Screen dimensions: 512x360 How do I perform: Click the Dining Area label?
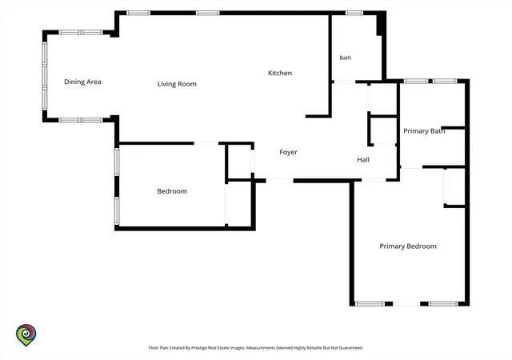pos(82,82)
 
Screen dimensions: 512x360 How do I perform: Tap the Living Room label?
pos(177,84)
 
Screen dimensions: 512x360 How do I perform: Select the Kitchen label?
pos(280,73)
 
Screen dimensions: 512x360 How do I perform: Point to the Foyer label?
pos(288,152)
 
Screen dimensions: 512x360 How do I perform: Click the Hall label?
pos(363,160)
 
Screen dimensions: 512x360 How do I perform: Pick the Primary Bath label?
pos(424,131)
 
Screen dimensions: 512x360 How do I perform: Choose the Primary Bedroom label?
pos(408,246)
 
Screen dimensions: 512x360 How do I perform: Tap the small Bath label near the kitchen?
pos(346,58)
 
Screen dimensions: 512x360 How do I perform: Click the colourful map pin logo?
pos(26,334)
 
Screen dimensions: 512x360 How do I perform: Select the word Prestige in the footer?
pos(199,348)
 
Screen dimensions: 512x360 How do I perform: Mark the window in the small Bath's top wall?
pos(354,13)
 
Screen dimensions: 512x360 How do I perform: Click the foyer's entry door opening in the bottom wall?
pos(279,180)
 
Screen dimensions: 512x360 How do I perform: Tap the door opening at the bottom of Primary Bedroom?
pos(406,304)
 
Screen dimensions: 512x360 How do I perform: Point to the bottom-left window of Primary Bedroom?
pos(370,304)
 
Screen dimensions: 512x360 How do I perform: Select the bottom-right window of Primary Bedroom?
pos(443,304)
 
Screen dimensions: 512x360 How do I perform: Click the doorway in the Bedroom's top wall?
pos(206,143)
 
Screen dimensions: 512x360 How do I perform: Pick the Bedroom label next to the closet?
pos(172,191)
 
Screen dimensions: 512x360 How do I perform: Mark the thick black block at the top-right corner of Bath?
pos(381,23)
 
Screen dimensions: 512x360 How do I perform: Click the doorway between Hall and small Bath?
pos(344,82)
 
